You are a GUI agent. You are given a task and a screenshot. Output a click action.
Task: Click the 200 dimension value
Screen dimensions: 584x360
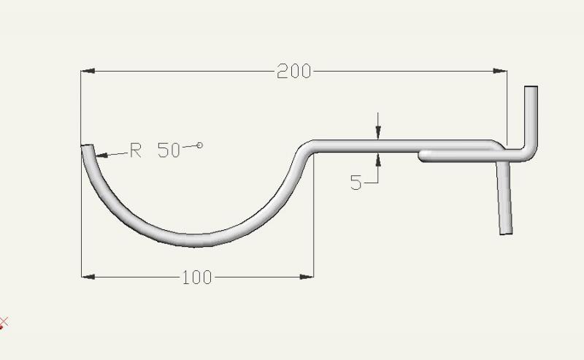point(294,71)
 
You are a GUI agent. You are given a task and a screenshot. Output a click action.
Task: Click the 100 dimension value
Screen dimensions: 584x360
point(197,277)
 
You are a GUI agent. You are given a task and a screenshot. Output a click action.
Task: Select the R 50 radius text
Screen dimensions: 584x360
point(155,150)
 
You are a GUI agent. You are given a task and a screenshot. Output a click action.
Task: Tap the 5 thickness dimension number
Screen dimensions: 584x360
point(356,183)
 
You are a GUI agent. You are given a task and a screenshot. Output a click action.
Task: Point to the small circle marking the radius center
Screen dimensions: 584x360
point(199,145)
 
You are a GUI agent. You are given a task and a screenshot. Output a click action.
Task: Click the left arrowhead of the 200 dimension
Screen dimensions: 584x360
point(88,71)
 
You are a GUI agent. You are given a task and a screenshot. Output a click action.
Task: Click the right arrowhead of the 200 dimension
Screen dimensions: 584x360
point(500,71)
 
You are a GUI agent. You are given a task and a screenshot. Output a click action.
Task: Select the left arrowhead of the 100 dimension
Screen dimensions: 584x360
point(88,277)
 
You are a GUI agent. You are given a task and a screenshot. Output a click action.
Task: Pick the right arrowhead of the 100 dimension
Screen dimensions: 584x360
point(307,277)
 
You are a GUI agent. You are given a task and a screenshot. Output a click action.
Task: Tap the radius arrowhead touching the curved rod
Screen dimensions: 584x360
point(101,155)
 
